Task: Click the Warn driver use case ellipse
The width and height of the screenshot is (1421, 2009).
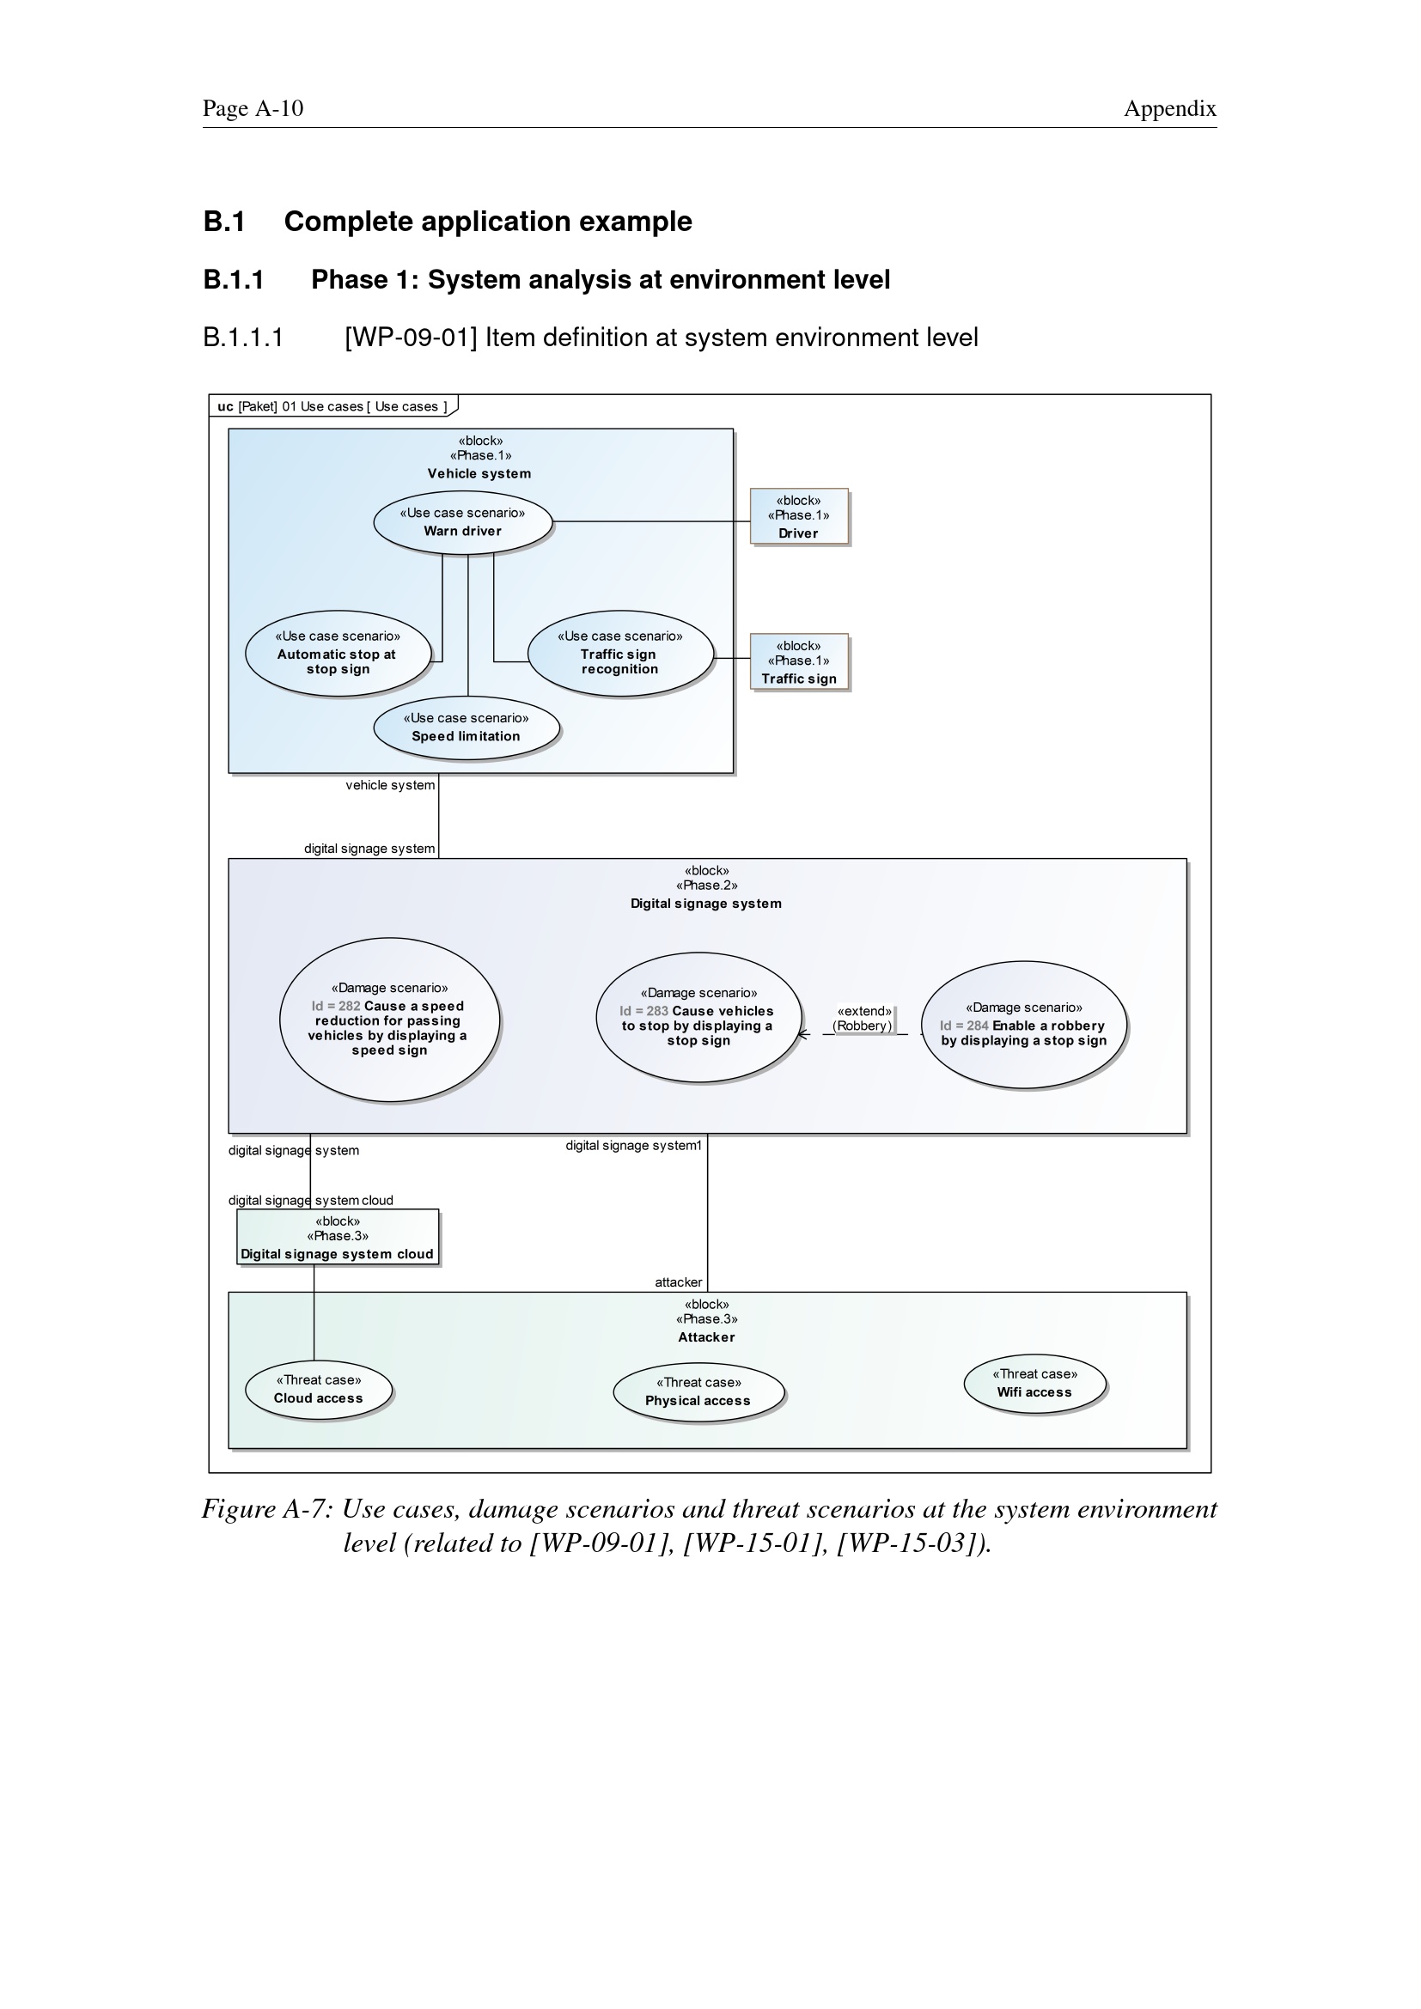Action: click(463, 521)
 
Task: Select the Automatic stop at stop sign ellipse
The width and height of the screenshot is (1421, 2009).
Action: click(338, 653)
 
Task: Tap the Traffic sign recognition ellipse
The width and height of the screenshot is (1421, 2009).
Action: click(620, 653)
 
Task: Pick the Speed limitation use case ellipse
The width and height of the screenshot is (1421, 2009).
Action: click(467, 728)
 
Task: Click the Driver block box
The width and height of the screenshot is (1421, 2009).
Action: click(799, 517)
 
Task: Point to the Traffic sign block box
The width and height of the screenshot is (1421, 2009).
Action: click(799, 662)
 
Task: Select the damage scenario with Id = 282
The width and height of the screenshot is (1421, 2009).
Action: click(389, 1020)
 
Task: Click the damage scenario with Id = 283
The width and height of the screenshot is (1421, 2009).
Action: click(698, 1018)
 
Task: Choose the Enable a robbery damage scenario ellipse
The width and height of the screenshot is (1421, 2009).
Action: click(1024, 1025)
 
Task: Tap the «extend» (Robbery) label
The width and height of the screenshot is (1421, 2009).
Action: click(863, 1019)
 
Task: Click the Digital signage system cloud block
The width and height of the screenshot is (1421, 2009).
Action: click(338, 1237)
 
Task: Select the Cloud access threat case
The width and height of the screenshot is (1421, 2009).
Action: click(319, 1390)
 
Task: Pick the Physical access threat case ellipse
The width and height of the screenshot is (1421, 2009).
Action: click(698, 1392)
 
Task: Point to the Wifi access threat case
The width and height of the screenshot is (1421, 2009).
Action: click(1035, 1384)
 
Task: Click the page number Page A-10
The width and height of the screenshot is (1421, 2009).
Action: click(253, 108)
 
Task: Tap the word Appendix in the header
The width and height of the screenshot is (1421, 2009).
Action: click(1170, 108)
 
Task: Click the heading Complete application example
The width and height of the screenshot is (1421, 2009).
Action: click(488, 222)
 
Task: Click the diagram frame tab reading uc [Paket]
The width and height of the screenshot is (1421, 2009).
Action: click(332, 406)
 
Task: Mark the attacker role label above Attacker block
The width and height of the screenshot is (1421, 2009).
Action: click(679, 1282)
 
